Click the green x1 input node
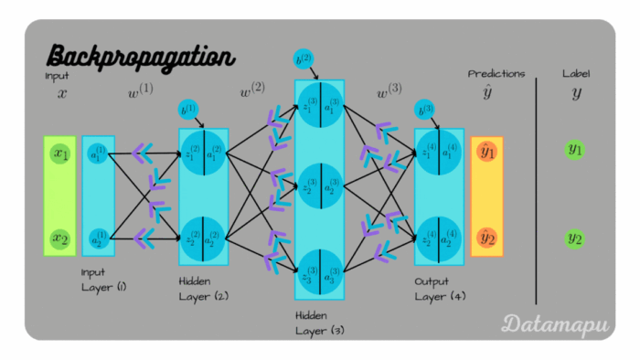[60, 154]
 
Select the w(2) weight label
[252, 93]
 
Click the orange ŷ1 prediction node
[486, 153]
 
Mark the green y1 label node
[574, 149]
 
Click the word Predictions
[496, 74]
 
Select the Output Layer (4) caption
[438, 287]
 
